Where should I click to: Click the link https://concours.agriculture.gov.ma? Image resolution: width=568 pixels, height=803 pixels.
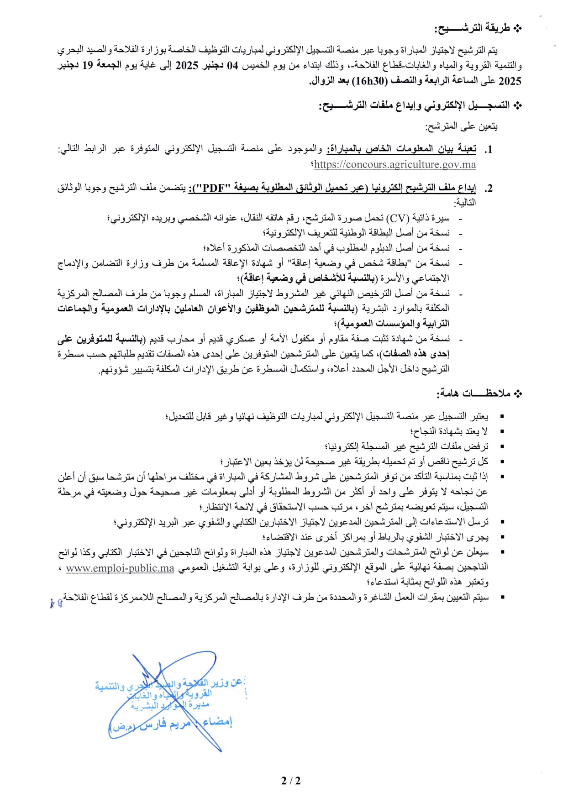point(395,165)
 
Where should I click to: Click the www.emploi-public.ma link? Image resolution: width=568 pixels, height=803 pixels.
point(120,568)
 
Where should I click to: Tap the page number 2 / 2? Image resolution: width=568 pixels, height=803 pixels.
point(291,781)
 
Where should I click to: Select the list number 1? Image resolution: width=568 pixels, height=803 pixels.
point(489,150)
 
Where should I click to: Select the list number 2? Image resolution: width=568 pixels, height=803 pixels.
point(489,188)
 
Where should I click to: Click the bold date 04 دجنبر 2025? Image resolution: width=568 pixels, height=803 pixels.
point(197,66)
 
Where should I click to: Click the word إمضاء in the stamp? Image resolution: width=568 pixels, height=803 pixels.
point(217,722)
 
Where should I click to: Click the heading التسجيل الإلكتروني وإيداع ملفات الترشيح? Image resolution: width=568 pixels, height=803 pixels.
point(414,106)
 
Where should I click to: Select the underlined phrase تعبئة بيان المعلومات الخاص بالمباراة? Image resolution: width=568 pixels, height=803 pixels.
point(402,149)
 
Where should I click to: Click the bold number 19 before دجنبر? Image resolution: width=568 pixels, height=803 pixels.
point(87,66)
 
